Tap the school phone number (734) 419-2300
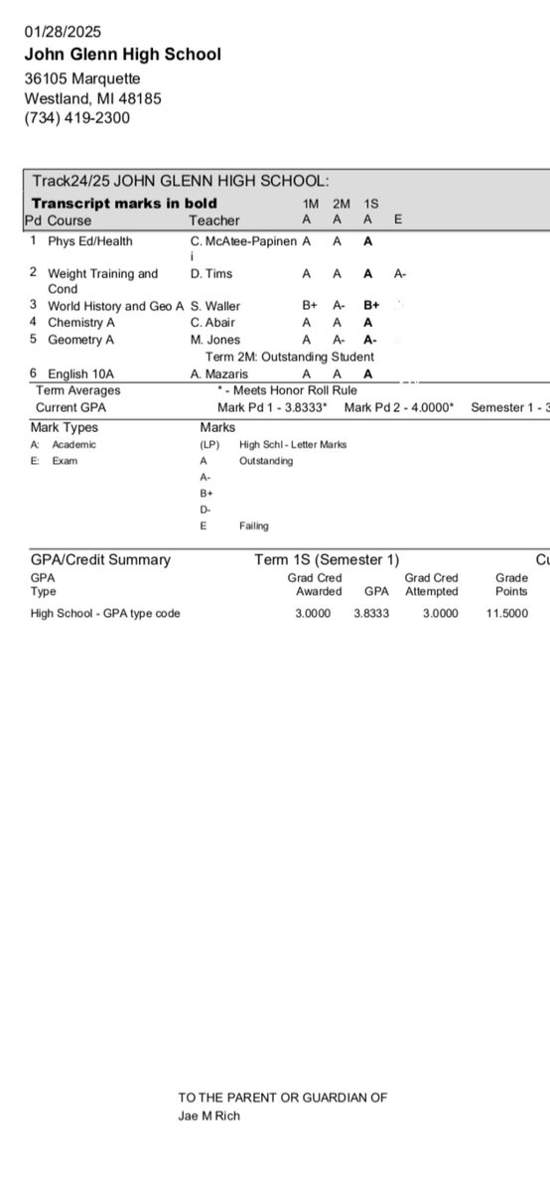click(x=76, y=117)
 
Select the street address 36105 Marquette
click(x=82, y=77)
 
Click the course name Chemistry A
click(x=80, y=322)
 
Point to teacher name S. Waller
click(x=215, y=306)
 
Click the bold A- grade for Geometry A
click(x=370, y=340)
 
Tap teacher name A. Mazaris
click(x=222, y=373)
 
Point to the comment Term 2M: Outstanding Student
click(x=290, y=357)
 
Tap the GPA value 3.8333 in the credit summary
click(x=371, y=613)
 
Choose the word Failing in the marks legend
click(x=254, y=525)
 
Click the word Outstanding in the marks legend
click(x=266, y=461)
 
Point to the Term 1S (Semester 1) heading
click(x=327, y=560)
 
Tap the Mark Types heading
click(x=65, y=427)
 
